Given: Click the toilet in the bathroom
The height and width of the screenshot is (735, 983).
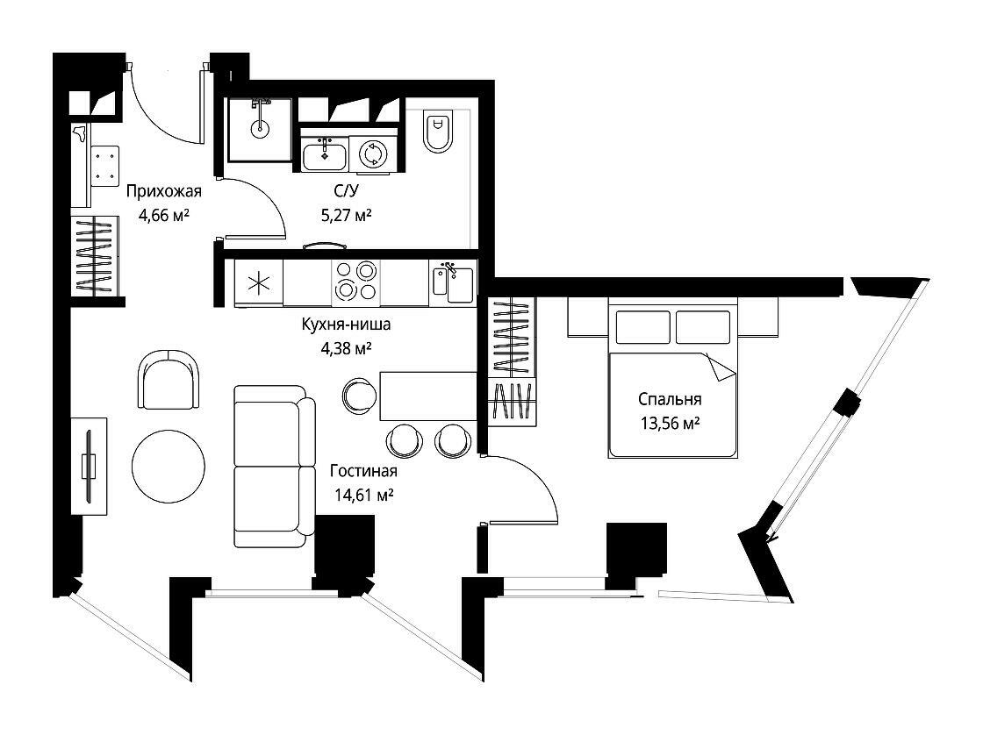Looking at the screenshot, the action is (x=438, y=132).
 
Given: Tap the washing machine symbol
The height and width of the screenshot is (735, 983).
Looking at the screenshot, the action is (x=373, y=153).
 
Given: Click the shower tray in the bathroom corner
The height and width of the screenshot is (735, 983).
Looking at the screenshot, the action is (x=259, y=129).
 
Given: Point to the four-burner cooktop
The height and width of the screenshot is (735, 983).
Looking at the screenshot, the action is (x=355, y=281).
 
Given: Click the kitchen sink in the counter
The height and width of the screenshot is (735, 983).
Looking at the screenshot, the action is (x=453, y=284).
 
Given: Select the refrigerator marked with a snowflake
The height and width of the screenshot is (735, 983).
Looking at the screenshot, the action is (x=259, y=283).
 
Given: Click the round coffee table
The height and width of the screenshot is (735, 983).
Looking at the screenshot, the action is (x=168, y=467).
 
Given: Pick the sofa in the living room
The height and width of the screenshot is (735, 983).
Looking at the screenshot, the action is (x=275, y=466).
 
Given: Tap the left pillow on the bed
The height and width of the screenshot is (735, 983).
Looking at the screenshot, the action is (x=644, y=327).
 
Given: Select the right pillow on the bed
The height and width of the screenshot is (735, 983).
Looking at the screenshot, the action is (x=703, y=327).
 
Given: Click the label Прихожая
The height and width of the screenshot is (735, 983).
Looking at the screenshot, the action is (x=163, y=191).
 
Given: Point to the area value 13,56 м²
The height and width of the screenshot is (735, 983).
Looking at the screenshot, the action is (x=671, y=423).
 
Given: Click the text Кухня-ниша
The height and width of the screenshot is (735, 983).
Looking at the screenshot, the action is (x=346, y=324).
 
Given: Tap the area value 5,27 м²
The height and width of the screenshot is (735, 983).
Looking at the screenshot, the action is (x=346, y=216).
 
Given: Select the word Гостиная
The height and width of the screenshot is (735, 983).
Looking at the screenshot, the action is (x=363, y=471).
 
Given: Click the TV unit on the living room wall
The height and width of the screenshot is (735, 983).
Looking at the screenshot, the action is (x=89, y=467).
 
